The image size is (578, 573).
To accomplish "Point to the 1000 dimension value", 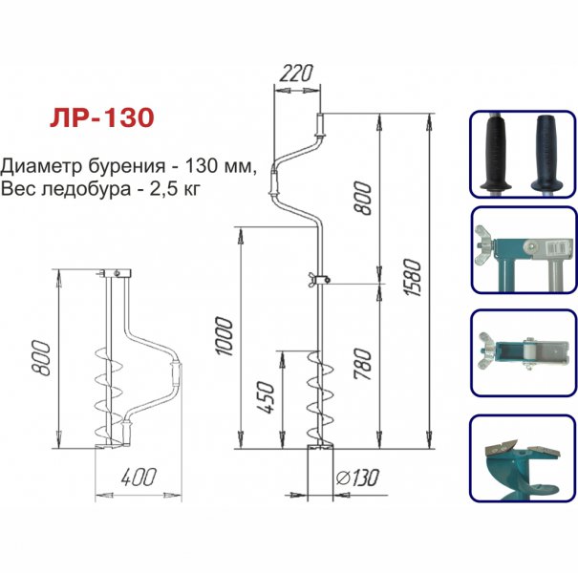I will pyautogui.click(x=224, y=337).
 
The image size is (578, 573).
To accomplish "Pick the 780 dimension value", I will pyautogui.click(x=364, y=364).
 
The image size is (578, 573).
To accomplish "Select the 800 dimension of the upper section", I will pyautogui.click(x=364, y=199).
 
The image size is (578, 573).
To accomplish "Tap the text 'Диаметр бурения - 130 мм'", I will pyautogui.click(x=130, y=163).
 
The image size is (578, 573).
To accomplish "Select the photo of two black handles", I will pyautogui.click(x=522, y=155).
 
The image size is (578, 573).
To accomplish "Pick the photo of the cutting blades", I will pyautogui.click(x=522, y=457).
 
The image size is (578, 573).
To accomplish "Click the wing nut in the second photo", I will pyautogui.click(x=484, y=248).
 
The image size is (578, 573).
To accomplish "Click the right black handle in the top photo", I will pyautogui.click(x=546, y=150).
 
